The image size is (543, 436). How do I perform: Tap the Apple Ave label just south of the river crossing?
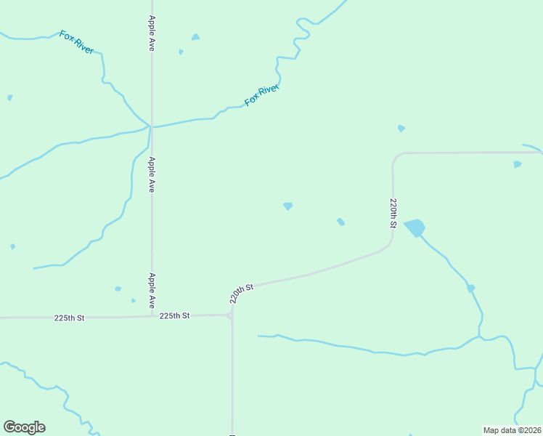click(x=152, y=174)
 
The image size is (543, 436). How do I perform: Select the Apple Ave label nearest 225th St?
click(x=152, y=289)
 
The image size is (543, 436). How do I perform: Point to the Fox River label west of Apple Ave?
click(x=76, y=41)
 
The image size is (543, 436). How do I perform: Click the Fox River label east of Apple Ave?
click(x=262, y=95)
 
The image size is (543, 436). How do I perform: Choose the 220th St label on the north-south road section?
click(x=393, y=213)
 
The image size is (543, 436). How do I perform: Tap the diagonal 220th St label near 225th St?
click(x=242, y=292)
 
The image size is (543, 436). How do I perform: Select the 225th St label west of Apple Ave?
click(x=70, y=318)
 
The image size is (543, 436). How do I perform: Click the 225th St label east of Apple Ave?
click(x=174, y=315)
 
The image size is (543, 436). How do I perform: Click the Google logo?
click(x=24, y=427)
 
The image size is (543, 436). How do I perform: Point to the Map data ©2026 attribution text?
click(x=512, y=430)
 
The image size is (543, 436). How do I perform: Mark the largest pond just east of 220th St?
click(x=415, y=227)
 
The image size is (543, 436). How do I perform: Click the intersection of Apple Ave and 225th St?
click(x=152, y=316)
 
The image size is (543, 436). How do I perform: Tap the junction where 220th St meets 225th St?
click(x=232, y=315)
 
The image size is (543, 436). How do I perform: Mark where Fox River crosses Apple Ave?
click(x=151, y=126)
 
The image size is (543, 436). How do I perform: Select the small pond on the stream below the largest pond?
click(x=470, y=288)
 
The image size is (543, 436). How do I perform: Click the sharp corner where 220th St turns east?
click(x=395, y=156)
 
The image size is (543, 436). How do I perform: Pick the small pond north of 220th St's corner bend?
click(x=401, y=129)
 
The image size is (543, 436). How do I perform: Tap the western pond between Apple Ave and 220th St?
click(x=288, y=206)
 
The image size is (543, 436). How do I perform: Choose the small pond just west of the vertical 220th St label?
click(x=340, y=222)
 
